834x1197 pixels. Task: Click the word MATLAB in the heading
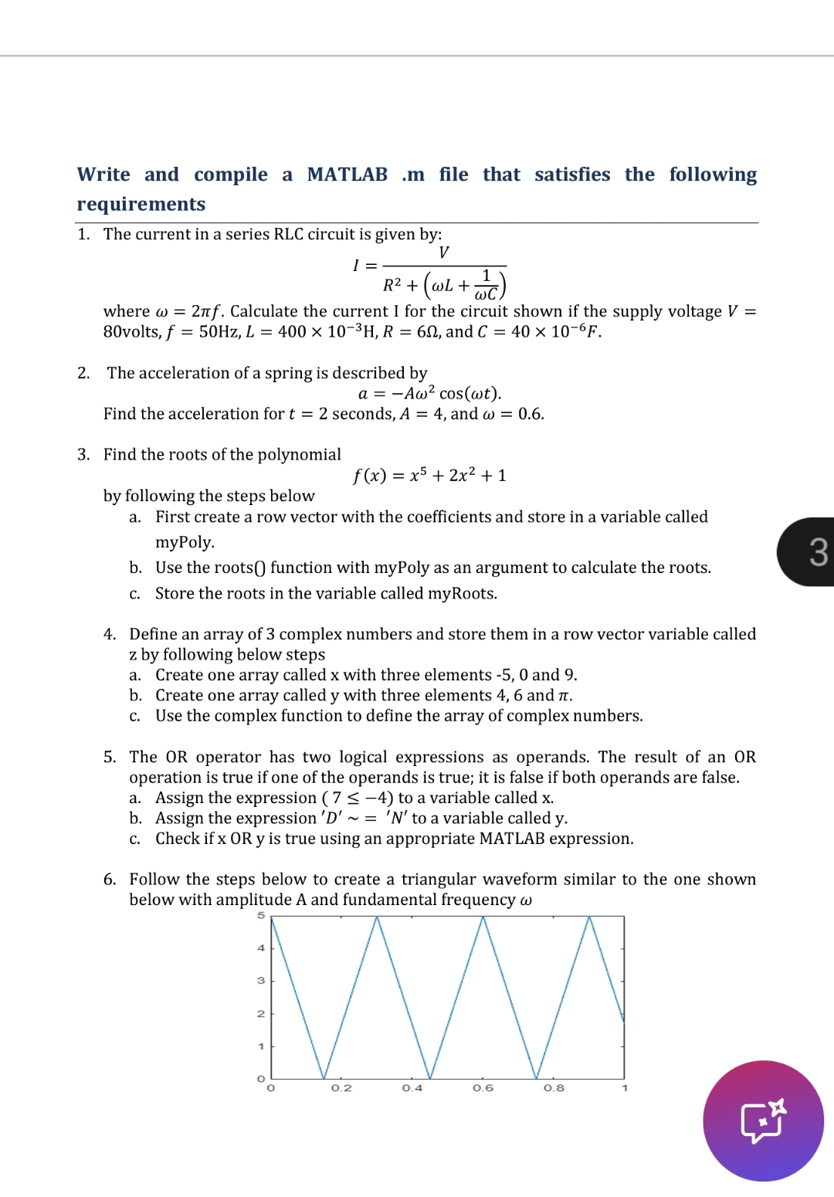click(x=347, y=175)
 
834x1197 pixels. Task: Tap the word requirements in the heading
click(x=141, y=204)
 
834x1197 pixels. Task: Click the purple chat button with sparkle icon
click(x=763, y=1121)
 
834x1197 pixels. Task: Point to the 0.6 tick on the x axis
click(x=483, y=1088)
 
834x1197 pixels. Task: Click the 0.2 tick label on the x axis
click(x=341, y=1088)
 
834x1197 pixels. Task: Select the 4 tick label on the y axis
click(x=261, y=948)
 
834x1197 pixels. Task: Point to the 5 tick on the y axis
click(x=261, y=916)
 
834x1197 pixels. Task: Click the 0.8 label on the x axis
click(x=554, y=1088)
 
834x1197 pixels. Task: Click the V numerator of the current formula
click(x=443, y=253)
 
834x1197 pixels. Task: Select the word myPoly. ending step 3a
click(x=185, y=542)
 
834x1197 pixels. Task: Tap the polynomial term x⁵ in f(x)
click(x=418, y=475)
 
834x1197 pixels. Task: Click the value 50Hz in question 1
click(x=219, y=332)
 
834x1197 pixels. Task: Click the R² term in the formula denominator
click(x=392, y=286)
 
